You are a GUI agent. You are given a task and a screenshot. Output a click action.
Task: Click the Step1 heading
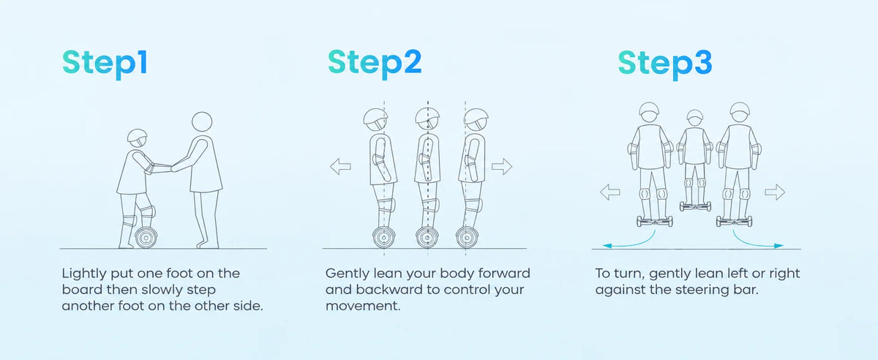pyautogui.click(x=105, y=64)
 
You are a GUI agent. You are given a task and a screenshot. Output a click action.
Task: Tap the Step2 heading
pyautogui.click(x=375, y=64)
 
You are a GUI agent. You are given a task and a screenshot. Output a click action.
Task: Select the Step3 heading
pyautogui.click(x=665, y=64)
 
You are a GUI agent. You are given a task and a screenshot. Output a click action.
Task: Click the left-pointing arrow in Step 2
pyautogui.click(x=340, y=167)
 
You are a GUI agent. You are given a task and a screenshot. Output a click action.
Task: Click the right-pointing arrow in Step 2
pyautogui.click(x=502, y=167)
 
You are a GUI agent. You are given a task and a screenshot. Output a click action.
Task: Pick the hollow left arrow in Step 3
pyautogui.click(x=610, y=192)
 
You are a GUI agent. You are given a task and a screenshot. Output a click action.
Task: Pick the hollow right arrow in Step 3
pyautogui.click(x=775, y=192)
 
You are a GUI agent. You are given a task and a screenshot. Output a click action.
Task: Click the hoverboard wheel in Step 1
pyautogui.click(x=146, y=238)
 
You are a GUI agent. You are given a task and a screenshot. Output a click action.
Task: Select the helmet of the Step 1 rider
pyautogui.click(x=138, y=135)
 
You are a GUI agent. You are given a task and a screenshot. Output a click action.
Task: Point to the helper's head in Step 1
pyautogui.click(x=202, y=121)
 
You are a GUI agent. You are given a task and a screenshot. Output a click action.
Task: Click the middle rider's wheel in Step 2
pyautogui.click(x=427, y=237)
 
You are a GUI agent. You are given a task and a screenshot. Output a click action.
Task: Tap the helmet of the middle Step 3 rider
pyautogui.click(x=695, y=116)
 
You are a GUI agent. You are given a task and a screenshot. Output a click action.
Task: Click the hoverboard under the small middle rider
pyautogui.click(x=695, y=206)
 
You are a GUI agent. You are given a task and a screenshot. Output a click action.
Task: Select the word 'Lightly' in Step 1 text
pyautogui.click(x=84, y=274)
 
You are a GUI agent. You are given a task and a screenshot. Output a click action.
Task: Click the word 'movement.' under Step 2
pyautogui.click(x=363, y=306)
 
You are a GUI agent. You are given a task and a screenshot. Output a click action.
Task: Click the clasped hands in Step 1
pyautogui.click(x=172, y=168)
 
